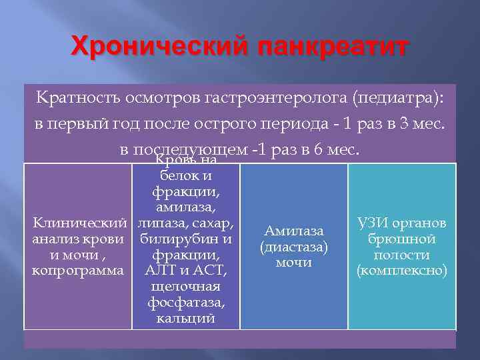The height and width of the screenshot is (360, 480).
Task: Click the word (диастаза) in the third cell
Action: click(x=294, y=247)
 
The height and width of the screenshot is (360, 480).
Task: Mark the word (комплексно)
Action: click(x=402, y=271)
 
